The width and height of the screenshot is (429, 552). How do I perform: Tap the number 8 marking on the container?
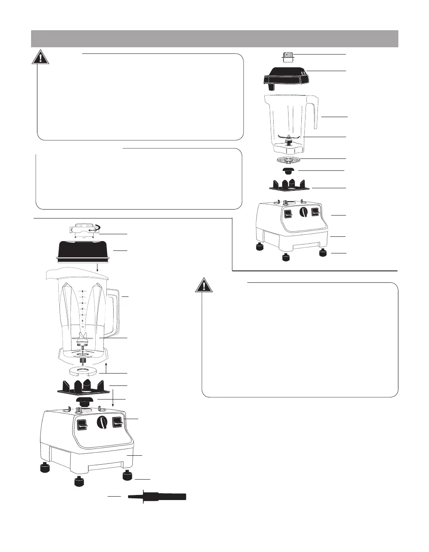[82, 292]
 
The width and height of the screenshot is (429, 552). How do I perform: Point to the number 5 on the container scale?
[82, 309]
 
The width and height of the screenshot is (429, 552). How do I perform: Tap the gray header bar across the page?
[214, 38]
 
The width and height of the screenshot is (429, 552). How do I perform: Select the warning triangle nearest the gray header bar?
[40, 57]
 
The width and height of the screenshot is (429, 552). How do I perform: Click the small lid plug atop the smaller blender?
[288, 57]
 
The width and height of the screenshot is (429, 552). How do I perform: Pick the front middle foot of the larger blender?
[79, 482]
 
